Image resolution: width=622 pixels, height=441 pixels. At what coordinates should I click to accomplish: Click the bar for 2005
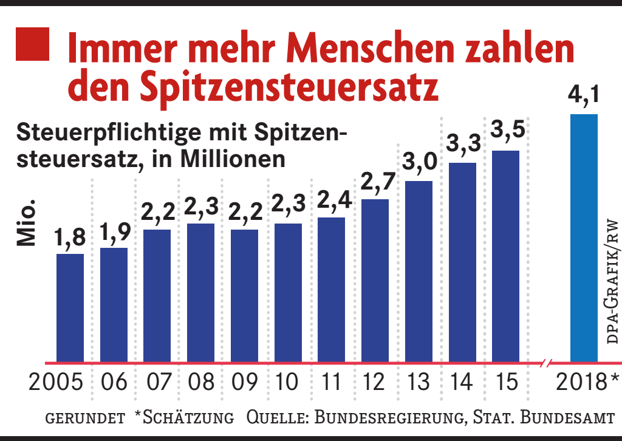(70, 307)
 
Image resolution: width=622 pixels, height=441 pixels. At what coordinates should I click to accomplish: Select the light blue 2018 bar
(584, 237)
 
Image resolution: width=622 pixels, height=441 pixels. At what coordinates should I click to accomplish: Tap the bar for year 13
(419, 270)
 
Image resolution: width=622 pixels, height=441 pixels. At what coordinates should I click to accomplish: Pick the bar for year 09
(244, 295)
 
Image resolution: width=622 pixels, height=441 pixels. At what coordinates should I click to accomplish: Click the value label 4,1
(584, 97)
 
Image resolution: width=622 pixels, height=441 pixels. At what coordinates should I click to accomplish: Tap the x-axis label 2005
(56, 384)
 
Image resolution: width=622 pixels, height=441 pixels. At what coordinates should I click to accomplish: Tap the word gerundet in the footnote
(86, 419)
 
